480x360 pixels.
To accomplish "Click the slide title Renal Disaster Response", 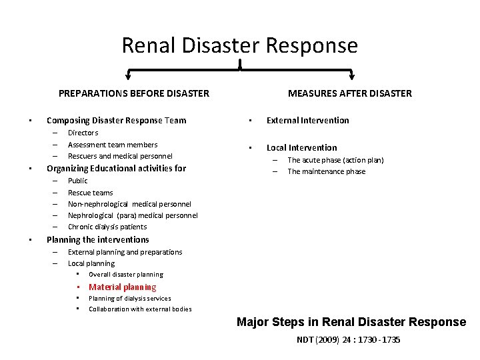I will coord(239,45).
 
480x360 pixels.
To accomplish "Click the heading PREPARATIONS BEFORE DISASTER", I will coord(133,93).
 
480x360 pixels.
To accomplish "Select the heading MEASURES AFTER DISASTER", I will coord(350,93).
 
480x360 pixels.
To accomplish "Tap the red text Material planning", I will coord(123,287).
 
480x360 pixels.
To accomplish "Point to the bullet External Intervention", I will coord(307,121).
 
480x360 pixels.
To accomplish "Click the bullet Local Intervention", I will coord(301,148).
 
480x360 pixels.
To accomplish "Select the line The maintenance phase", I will coord(326,171).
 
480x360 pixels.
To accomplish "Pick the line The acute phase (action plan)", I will coord(335,160).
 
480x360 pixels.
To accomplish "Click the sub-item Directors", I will coord(83,133).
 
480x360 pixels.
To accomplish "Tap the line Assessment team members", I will coord(113,145).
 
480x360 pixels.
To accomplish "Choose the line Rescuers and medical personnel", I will coord(120,156).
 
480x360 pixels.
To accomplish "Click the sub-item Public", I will coord(77,181).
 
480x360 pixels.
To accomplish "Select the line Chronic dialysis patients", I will coord(107,227).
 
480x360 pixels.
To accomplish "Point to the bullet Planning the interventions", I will coord(97,239).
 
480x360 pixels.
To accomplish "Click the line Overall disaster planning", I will coord(125,274).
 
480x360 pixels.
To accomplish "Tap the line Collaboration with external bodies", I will coord(140,309).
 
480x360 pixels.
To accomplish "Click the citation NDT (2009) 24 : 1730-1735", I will coord(349,339).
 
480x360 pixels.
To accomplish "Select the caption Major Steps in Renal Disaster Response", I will coord(351,322).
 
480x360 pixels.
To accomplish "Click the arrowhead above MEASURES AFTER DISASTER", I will coord(353,76).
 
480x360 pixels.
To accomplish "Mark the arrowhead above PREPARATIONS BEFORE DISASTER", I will coord(128,76).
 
